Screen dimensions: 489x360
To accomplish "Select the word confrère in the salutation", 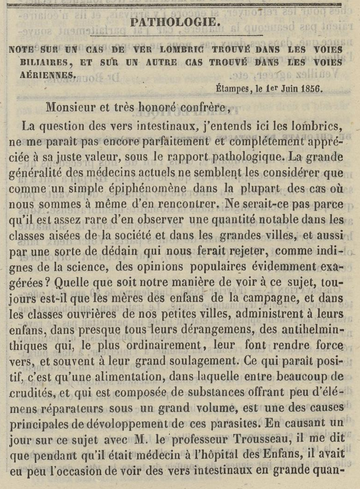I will coord(203,107).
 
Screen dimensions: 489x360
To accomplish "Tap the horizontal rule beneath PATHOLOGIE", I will coord(176,35).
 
